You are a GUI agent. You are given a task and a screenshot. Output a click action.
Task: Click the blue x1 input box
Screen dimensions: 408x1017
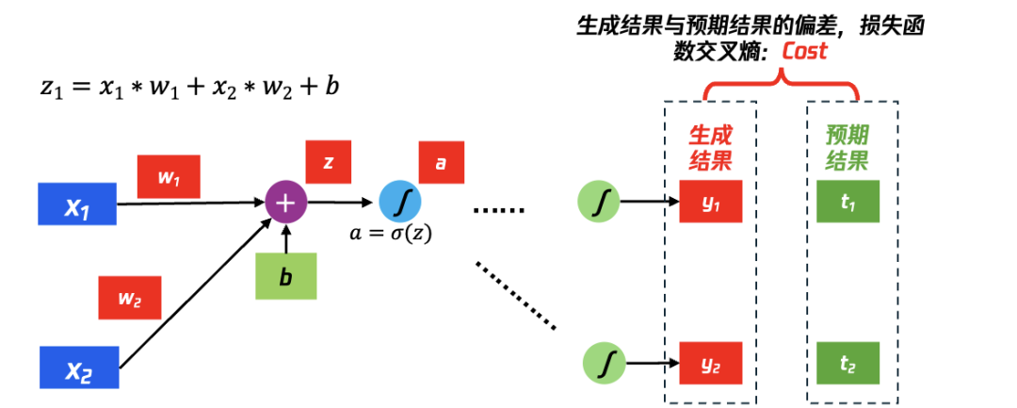point(77,204)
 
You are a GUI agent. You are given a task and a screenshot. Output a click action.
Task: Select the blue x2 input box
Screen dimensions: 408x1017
point(79,367)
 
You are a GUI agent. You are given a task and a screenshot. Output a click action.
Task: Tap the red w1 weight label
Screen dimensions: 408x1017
point(169,176)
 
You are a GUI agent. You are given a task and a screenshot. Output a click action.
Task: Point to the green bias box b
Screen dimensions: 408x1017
point(285,276)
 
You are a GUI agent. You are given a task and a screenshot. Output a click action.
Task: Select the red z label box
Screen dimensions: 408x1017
point(329,162)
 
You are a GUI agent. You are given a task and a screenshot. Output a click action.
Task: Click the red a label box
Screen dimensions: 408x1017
point(440,162)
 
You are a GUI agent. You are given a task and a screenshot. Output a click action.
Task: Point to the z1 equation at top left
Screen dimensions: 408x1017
point(189,87)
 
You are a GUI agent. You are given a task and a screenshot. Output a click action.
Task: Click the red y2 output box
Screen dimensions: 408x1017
point(711,362)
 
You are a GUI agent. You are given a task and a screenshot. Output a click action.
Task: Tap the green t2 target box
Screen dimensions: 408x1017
point(847,362)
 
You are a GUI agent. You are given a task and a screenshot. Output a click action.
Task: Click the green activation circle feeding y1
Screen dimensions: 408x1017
point(600,201)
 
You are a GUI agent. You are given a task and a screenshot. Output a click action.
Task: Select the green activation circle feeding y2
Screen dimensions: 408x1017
point(605,362)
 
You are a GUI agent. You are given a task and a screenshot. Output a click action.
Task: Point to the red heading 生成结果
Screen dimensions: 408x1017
point(711,147)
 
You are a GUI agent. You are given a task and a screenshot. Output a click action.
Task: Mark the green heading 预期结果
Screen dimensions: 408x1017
point(847,147)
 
